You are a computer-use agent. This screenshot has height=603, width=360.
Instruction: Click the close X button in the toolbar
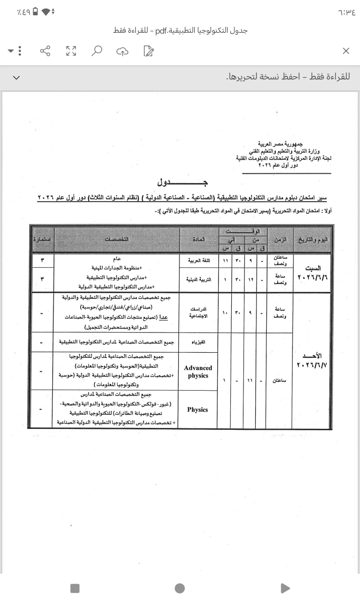coord(346,51)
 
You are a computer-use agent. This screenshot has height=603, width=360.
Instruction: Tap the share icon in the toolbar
coord(45,51)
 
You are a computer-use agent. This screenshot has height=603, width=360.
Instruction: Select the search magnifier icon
coord(96,51)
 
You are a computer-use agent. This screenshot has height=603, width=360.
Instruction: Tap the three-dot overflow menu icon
coord(19,51)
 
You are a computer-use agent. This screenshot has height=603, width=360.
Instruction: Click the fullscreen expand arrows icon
coord(71,51)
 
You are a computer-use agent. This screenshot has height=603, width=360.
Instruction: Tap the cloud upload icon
coord(122,51)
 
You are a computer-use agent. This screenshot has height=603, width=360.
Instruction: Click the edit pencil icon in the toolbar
coord(148,51)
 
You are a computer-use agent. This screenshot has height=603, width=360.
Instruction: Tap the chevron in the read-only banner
coord(17,77)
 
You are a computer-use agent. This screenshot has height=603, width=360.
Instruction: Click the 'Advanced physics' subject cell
coord(198,372)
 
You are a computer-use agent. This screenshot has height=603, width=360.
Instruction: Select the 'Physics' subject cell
coord(198,409)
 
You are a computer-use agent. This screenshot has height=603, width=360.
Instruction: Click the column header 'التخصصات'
coord(117,239)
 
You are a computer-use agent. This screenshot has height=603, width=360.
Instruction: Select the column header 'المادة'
coord(198,239)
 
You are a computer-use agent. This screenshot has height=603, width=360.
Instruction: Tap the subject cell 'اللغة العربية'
coord(198,261)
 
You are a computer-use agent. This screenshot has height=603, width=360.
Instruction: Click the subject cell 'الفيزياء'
coord(198,342)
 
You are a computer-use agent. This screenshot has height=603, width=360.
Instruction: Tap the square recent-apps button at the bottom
coord(75,588)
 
